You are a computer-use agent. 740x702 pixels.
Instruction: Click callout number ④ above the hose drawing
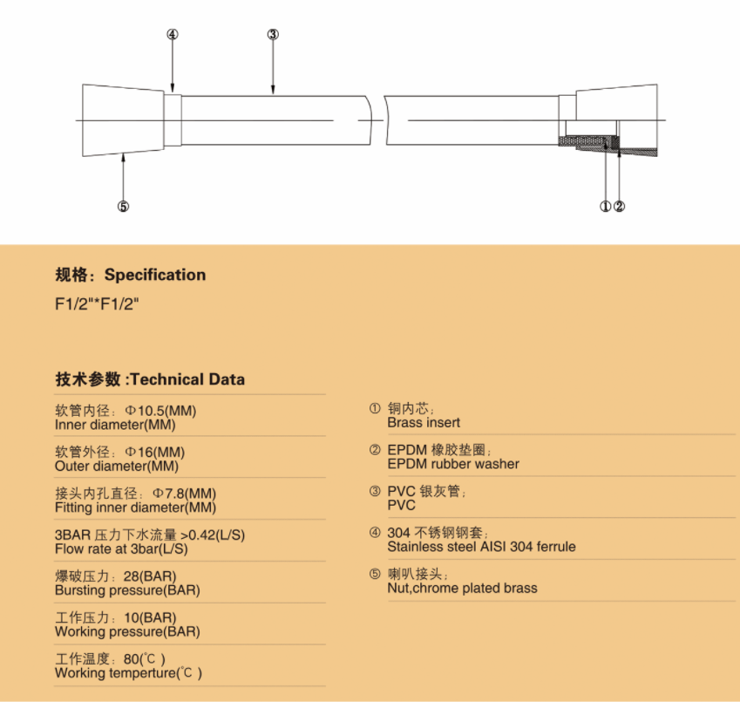[x=173, y=35]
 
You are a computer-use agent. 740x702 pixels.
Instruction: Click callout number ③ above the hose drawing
[x=273, y=35]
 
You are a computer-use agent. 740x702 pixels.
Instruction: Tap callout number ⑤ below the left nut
[x=123, y=207]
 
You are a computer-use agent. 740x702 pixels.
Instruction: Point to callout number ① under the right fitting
[x=605, y=207]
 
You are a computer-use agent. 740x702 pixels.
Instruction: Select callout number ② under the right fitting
[x=620, y=207]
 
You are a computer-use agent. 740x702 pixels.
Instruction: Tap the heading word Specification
[x=155, y=275]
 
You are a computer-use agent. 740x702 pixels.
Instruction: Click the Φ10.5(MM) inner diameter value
[x=163, y=411]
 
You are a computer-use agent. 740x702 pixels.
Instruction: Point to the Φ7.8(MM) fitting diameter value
[x=184, y=494]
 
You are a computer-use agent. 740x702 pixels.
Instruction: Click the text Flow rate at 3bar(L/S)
[x=121, y=549]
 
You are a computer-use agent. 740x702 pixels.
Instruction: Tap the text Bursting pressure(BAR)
[x=127, y=590]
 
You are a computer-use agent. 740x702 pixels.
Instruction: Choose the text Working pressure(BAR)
[x=127, y=631]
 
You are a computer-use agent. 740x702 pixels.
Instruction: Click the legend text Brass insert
[x=424, y=422]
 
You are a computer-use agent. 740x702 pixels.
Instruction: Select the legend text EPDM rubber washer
[x=453, y=464]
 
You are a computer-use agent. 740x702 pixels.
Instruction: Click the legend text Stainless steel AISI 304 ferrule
[x=481, y=547]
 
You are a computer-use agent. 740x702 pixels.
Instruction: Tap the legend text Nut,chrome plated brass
[x=462, y=588]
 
